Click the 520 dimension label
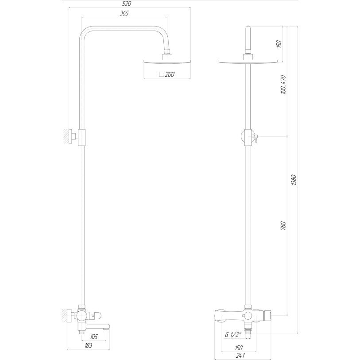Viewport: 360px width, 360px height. pyautogui.click(x=129, y=4)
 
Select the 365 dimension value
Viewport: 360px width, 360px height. pyautogui.click(x=124, y=14)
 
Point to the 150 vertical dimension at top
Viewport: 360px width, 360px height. pyautogui.click(x=279, y=44)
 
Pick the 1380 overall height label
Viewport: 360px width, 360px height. pyautogui.click(x=294, y=180)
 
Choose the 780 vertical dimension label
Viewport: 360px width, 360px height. pyautogui.click(x=284, y=225)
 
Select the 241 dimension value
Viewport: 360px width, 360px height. pyautogui.click(x=241, y=355)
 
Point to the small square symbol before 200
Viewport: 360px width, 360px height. pyautogui.click(x=162, y=74)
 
